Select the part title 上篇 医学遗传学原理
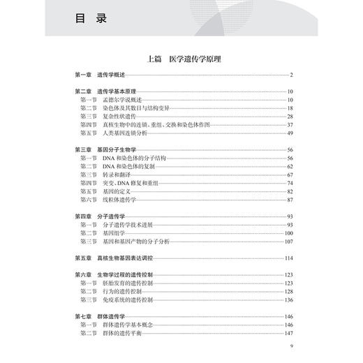181,59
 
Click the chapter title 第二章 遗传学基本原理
105,91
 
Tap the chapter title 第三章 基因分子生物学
105,150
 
